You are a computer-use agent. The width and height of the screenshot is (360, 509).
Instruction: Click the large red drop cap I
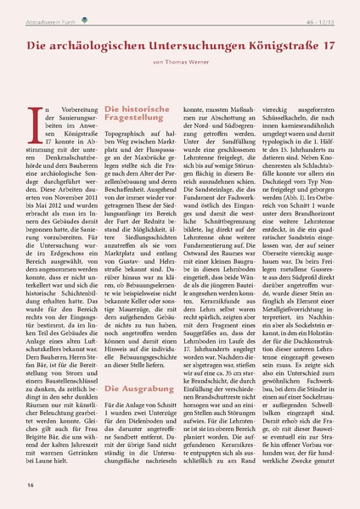pyautogui.click(x=35, y=124)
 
